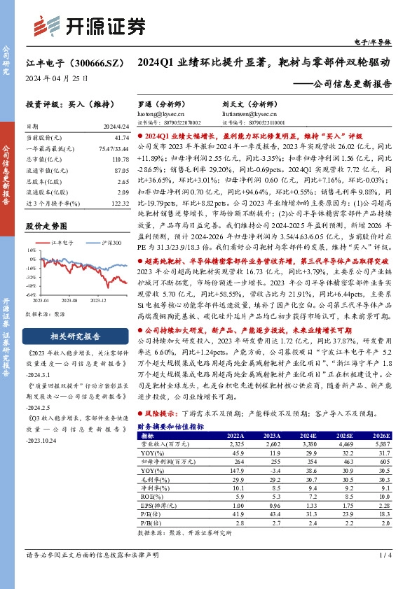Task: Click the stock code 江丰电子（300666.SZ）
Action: coord(67,62)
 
